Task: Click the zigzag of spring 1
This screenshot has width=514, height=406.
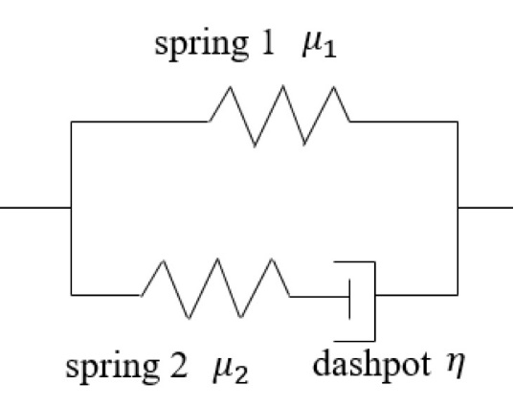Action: pos(279,116)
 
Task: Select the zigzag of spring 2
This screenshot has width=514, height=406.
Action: pos(215,288)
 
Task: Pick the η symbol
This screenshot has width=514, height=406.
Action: pos(456,366)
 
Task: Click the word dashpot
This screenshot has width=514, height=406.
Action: pos(371,363)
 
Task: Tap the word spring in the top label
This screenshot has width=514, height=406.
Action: pos(201,46)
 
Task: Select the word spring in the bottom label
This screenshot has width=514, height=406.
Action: pos(113,370)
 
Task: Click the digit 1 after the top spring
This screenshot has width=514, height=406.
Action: pos(267,43)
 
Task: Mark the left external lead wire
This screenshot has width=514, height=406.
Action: pos(35,207)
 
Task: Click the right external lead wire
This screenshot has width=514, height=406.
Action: pos(485,208)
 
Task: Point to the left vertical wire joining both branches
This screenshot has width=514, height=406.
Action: pos(71,208)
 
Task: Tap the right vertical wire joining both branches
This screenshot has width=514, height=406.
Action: pos(458,208)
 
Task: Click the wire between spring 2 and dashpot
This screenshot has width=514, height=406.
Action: pos(320,297)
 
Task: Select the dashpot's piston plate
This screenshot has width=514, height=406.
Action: pos(349,299)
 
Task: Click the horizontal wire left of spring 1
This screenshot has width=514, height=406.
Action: pos(141,122)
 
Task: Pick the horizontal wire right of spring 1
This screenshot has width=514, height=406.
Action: pos(404,122)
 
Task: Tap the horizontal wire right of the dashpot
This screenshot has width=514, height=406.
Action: pos(416,295)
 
